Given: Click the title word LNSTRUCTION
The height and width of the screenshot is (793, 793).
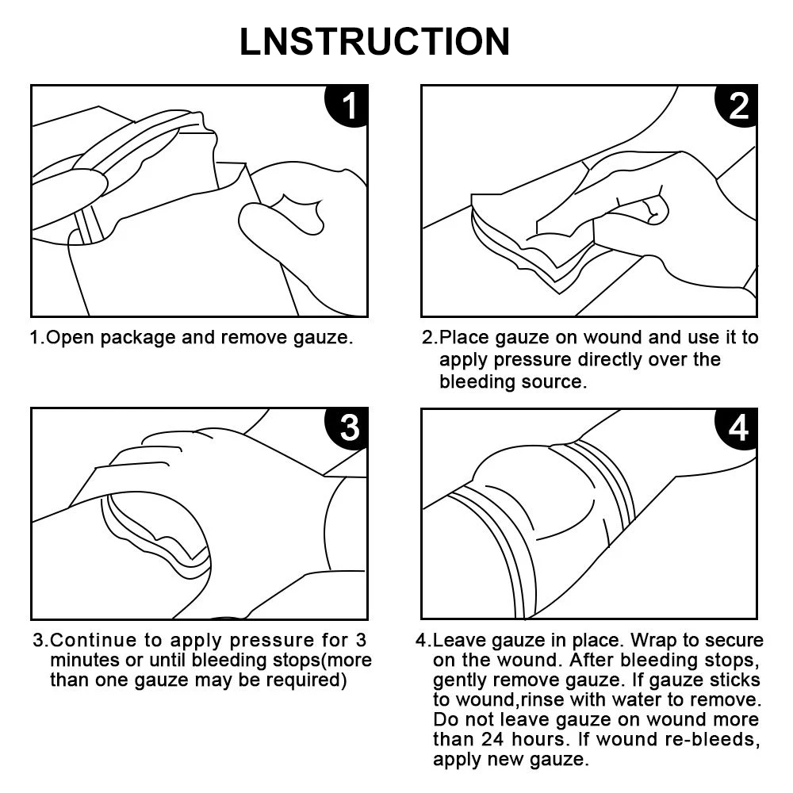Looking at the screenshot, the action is [375, 41].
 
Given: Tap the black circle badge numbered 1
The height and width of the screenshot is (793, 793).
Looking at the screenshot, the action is [347, 105].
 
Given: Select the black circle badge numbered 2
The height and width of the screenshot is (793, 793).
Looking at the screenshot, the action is [737, 105].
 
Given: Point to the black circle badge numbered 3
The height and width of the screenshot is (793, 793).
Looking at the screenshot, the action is [347, 428].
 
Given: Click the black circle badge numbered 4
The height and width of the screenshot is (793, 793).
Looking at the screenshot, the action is [737, 428].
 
